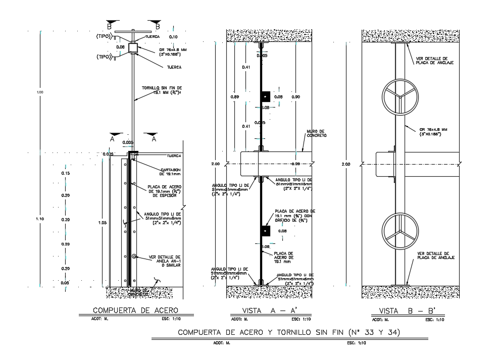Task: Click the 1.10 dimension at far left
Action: [x=40, y=219]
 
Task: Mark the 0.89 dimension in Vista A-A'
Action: [x=234, y=96]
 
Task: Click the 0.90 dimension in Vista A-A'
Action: [x=296, y=96]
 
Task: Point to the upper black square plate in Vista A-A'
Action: [x=265, y=96]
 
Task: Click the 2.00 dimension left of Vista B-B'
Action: [x=345, y=165]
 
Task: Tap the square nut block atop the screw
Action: [x=133, y=48]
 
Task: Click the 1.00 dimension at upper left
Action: [x=40, y=92]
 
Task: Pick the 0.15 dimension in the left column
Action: [x=65, y=173]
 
